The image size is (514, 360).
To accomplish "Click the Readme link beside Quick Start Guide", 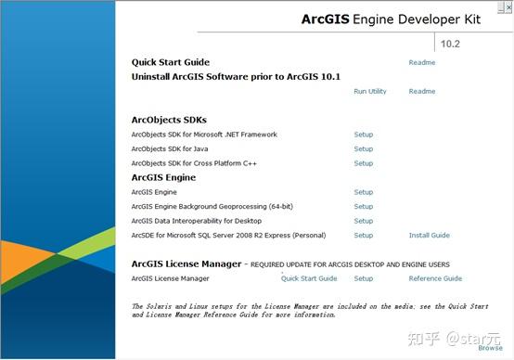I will (x=421, y=63).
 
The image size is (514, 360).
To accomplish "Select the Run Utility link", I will (x=370, y=92).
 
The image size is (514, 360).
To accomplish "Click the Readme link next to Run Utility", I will (x=421, y=92).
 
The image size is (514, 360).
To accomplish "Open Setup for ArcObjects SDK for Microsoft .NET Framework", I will (x=363, y=135).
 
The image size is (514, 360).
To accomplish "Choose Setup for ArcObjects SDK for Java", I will (x=363, y=149).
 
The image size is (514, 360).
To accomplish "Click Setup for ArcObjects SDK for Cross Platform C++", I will (x=363, y=163).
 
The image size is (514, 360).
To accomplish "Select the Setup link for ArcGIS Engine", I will (x=363, y=192).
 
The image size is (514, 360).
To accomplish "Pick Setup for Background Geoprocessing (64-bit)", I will (x=363, y=207).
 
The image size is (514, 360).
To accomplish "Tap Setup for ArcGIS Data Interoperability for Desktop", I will (x=363, y=221).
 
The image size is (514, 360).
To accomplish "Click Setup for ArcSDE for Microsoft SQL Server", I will (x=363, y=236).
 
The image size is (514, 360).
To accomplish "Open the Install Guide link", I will (x=429, y=236).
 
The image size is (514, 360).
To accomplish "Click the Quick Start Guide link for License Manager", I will (x=309, y=278).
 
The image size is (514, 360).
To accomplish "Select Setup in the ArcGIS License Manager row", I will (x=363, y=278).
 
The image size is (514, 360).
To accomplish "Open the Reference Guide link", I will (x=435, y=278).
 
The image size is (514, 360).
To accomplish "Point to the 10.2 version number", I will (x=451, y=43).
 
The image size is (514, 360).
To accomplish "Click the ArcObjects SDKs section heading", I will (x=169, y=120).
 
